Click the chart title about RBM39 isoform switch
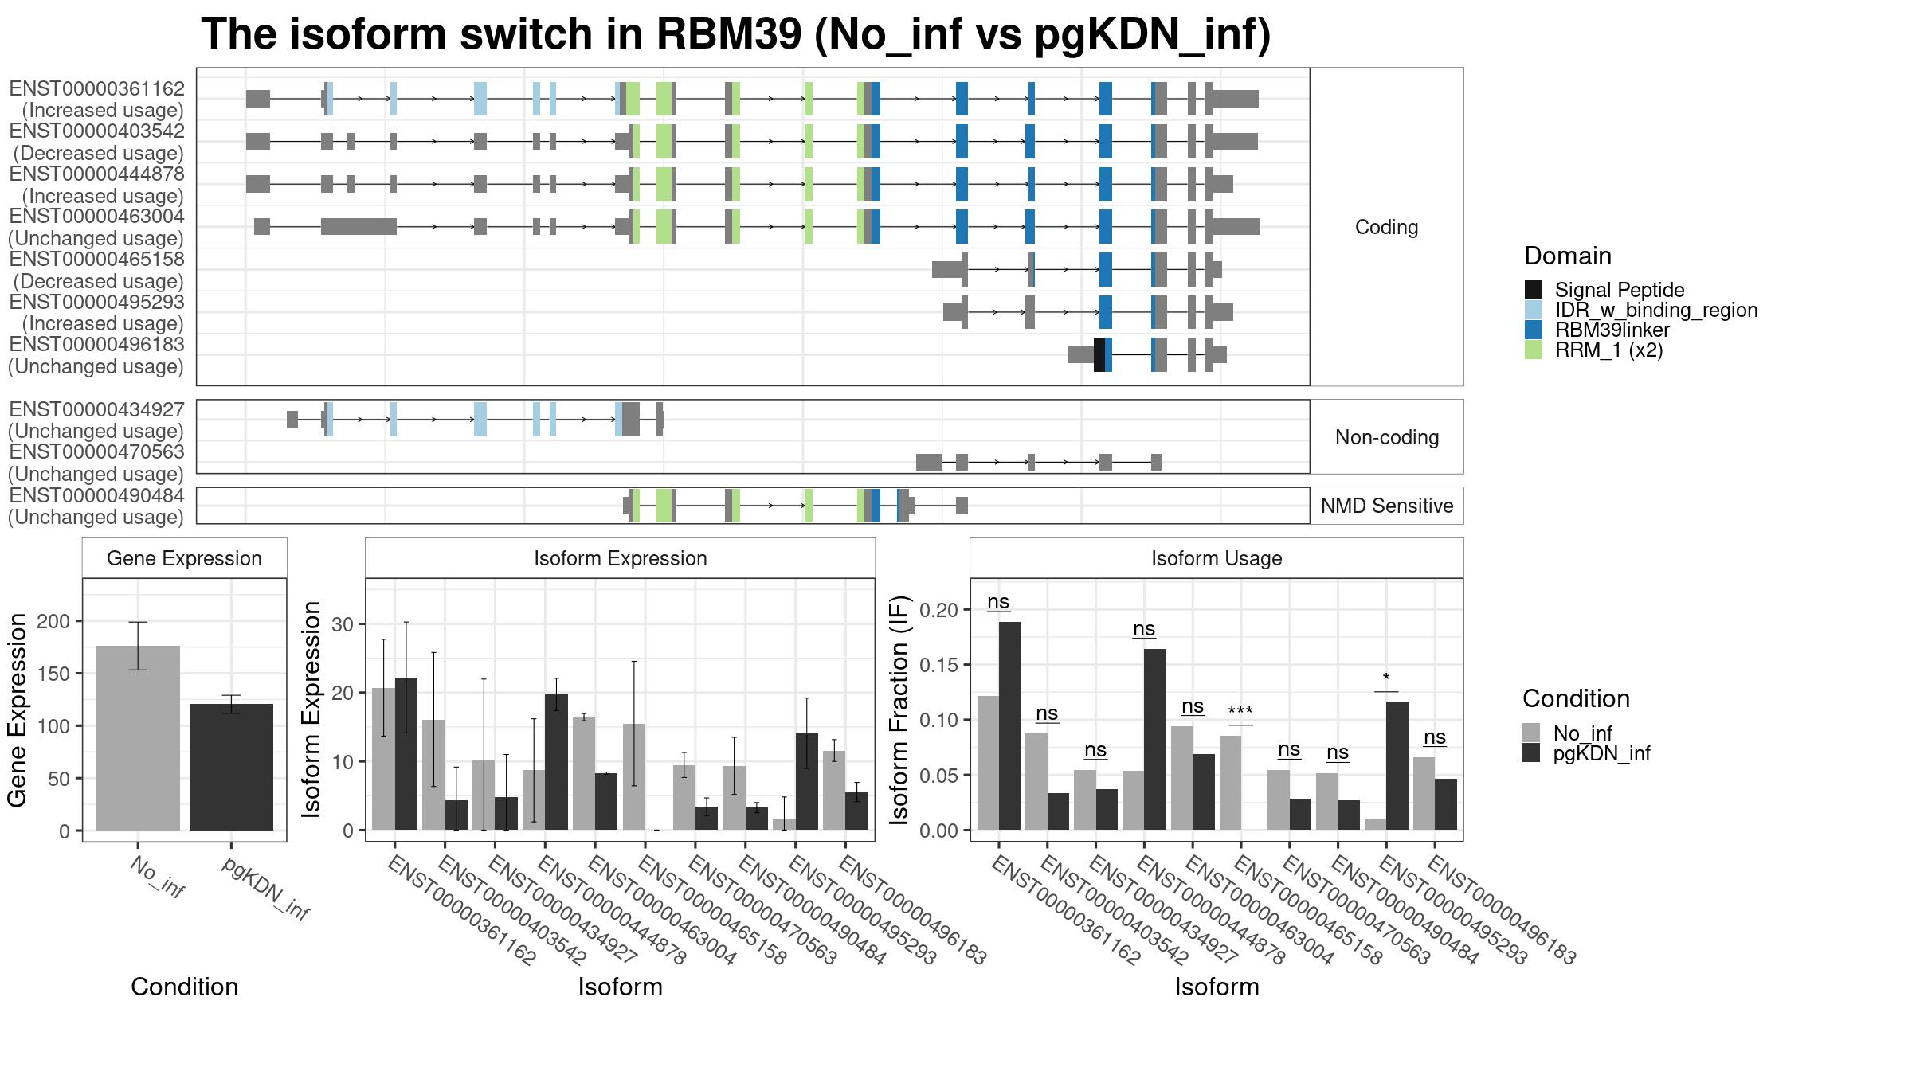pos(735,34)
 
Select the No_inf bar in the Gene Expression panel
pos(138,738)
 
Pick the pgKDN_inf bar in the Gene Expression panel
pos(231,767)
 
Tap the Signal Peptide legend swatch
pos(1533,290)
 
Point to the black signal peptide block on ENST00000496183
pos(1099,354)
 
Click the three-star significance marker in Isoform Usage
pos(1240,711)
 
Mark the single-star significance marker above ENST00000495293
pos(1386,678)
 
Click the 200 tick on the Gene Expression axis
pos(54,621)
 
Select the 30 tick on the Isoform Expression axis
pos(343,624)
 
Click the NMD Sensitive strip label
pos(1387,506)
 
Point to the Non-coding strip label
pos(1387,437)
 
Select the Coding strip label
pos(1387,227)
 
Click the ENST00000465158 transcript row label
pos(96,270)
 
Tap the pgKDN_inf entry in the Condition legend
pos(1601,753)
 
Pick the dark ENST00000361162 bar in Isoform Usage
pos(1009,726)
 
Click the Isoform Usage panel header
pos(1217,558)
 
